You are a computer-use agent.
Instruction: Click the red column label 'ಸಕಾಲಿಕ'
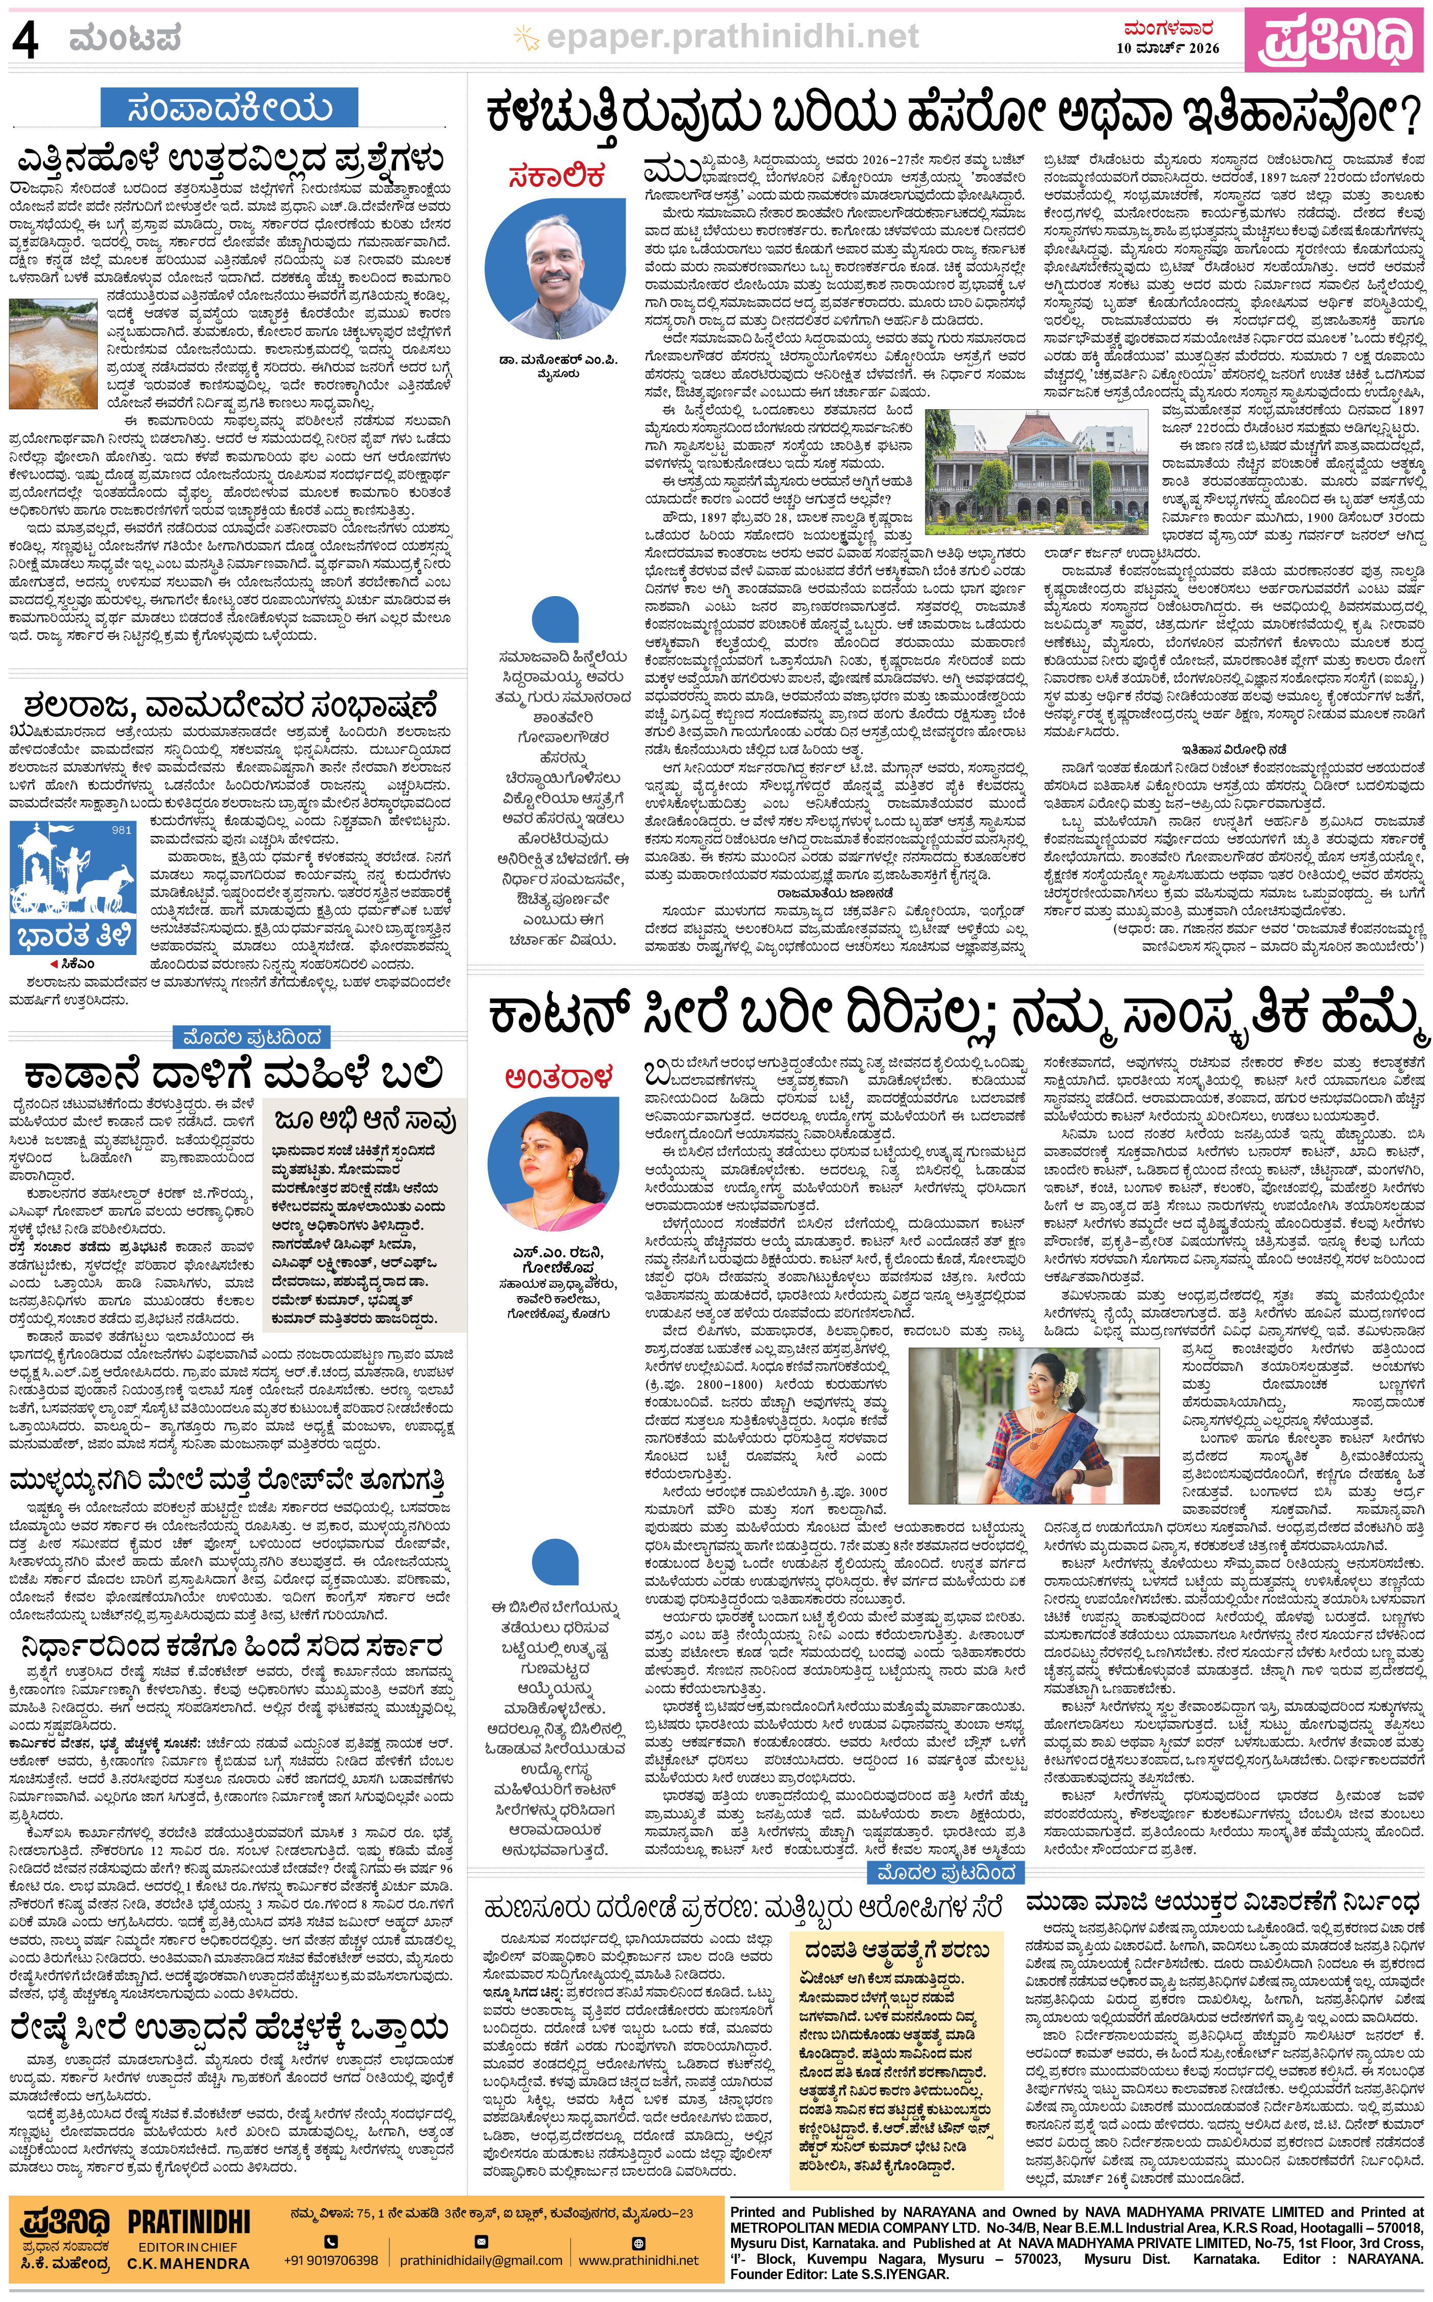[556, 176]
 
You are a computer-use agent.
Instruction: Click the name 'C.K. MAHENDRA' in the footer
[188, 2262]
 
